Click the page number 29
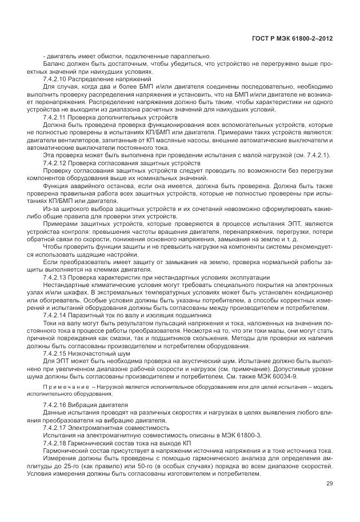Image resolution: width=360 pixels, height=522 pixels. (x=329, y=484)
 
